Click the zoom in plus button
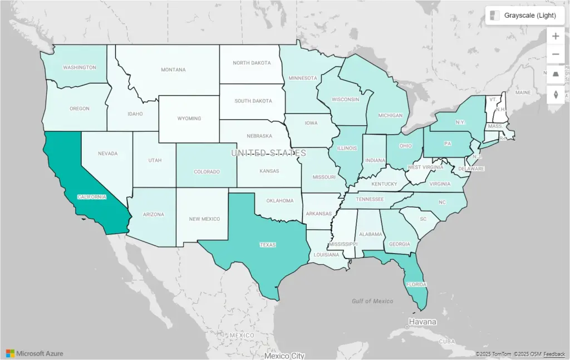point(556,36)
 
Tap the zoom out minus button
point(556,55)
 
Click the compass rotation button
point(556,94)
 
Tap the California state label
point(92,197)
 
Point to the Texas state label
point(268,244)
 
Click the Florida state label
point(416,284)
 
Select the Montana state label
point(173,70)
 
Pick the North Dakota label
point(252,63)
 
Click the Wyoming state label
point(189,119)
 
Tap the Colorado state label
point(207,172)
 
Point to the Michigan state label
point(390,116)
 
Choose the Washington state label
point(80,67)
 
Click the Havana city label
point(422,322)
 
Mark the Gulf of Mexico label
point(372,301)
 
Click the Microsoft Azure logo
point(35,353)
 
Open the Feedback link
point(554,354)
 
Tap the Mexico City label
point(284,356)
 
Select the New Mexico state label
point(204,219)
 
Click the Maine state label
point(523,92)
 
